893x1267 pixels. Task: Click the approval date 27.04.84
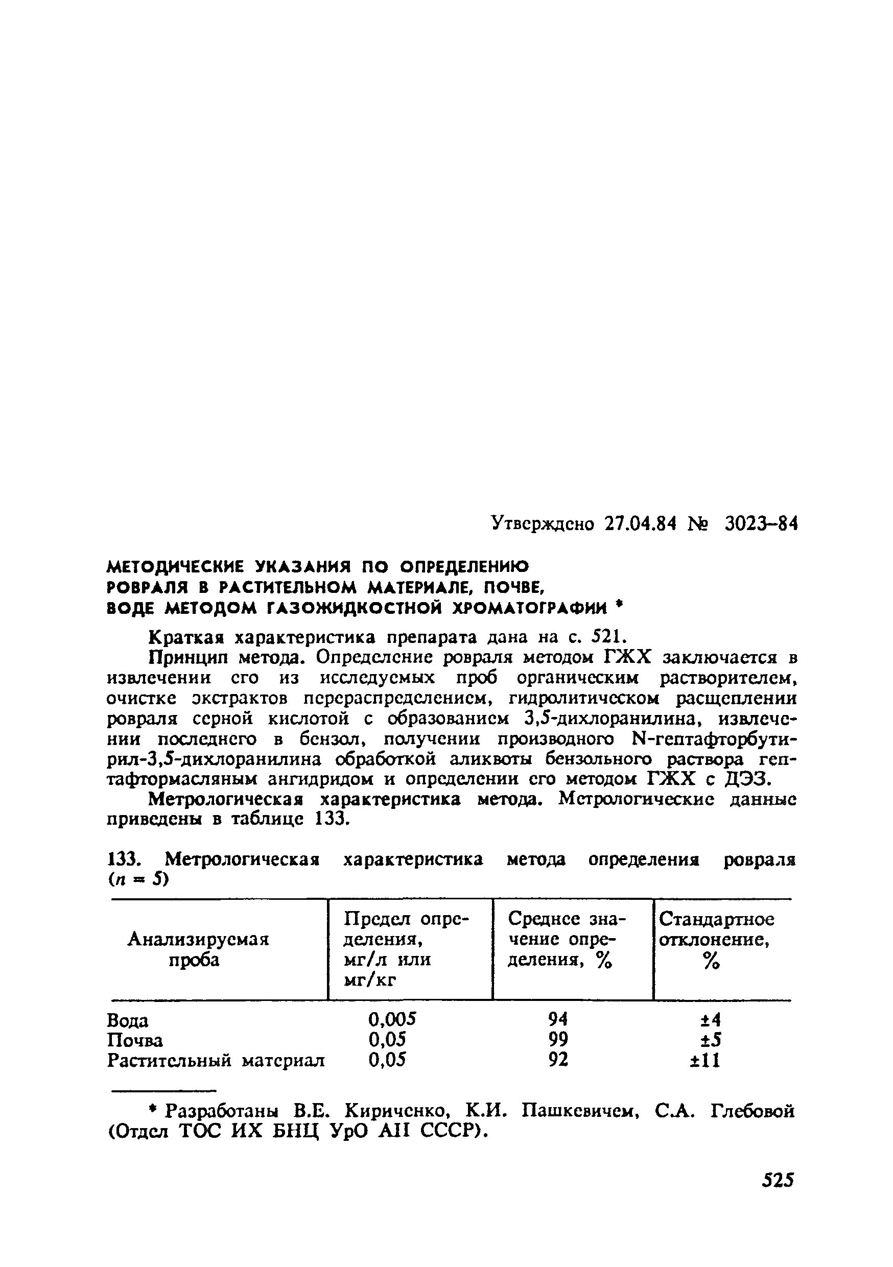640,523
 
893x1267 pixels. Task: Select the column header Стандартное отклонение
716,929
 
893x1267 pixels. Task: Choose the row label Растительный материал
216,1061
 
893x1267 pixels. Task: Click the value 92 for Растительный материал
558,1060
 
